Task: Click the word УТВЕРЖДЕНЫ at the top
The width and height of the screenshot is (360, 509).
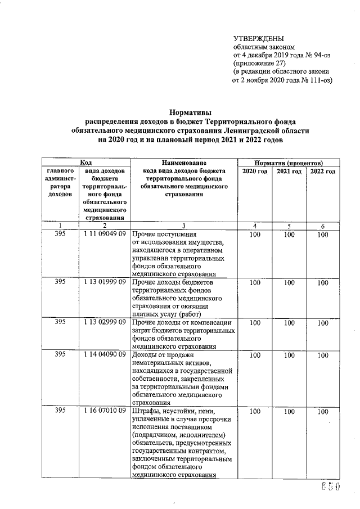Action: click(x=258, y=39)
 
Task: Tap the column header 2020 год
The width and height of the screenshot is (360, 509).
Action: click(x=255, y=171)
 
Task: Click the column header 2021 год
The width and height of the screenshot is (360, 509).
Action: click(x=289, y=171)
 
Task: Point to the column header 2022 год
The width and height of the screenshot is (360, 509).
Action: click(x=322, y=171)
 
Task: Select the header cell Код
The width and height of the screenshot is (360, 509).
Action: click(x=85, y=162)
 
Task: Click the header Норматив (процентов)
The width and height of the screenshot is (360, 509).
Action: click(x=289, y=162)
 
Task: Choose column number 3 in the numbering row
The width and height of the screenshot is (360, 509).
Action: click(x=184, y=226)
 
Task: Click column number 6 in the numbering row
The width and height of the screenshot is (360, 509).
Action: click(x=322, y=226)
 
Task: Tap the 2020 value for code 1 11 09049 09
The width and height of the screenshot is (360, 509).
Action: click(x=255, y=235)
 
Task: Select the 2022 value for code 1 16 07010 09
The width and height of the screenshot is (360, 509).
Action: click(x=322, y=412)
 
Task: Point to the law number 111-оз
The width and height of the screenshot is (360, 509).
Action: click(x=314, y=80)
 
